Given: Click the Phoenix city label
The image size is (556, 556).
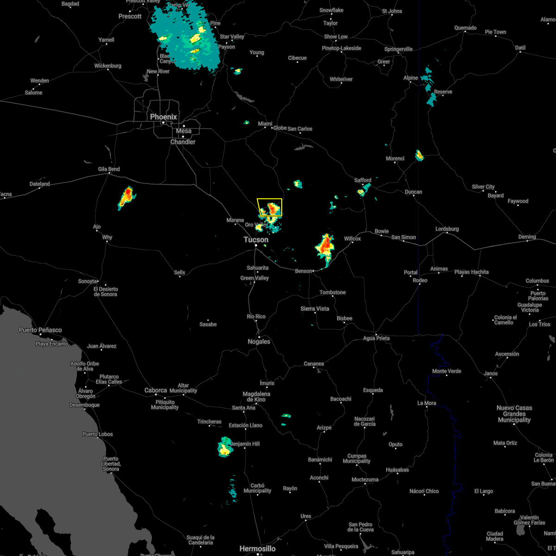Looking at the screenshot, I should point(163,117).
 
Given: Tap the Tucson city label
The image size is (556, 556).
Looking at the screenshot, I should point(256,240).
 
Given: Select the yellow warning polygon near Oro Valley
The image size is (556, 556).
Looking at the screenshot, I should point(270,207).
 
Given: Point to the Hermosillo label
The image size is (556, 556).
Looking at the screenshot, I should point(257,549).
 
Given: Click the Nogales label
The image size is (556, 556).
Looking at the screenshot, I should point(259,341).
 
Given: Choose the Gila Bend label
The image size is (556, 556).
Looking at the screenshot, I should point(109,169).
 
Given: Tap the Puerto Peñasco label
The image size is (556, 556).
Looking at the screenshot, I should point(40,330).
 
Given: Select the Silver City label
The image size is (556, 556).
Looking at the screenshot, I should point(483,187).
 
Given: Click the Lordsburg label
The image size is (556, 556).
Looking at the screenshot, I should point(447,229).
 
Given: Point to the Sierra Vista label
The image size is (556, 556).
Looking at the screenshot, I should point(315,309).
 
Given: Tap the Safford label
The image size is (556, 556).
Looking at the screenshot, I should point(363,180).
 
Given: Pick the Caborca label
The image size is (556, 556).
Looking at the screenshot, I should point(156,390).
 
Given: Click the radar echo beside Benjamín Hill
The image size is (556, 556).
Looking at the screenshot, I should point(225,447).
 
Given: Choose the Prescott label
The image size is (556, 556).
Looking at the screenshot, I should point(130,16).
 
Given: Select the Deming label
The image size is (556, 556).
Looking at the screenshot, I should point(527,237).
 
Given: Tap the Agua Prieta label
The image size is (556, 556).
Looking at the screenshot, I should point(376,338).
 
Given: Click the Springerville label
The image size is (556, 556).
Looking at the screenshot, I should point(398,49).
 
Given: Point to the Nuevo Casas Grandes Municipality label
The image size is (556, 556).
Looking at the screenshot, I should point(514,414).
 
